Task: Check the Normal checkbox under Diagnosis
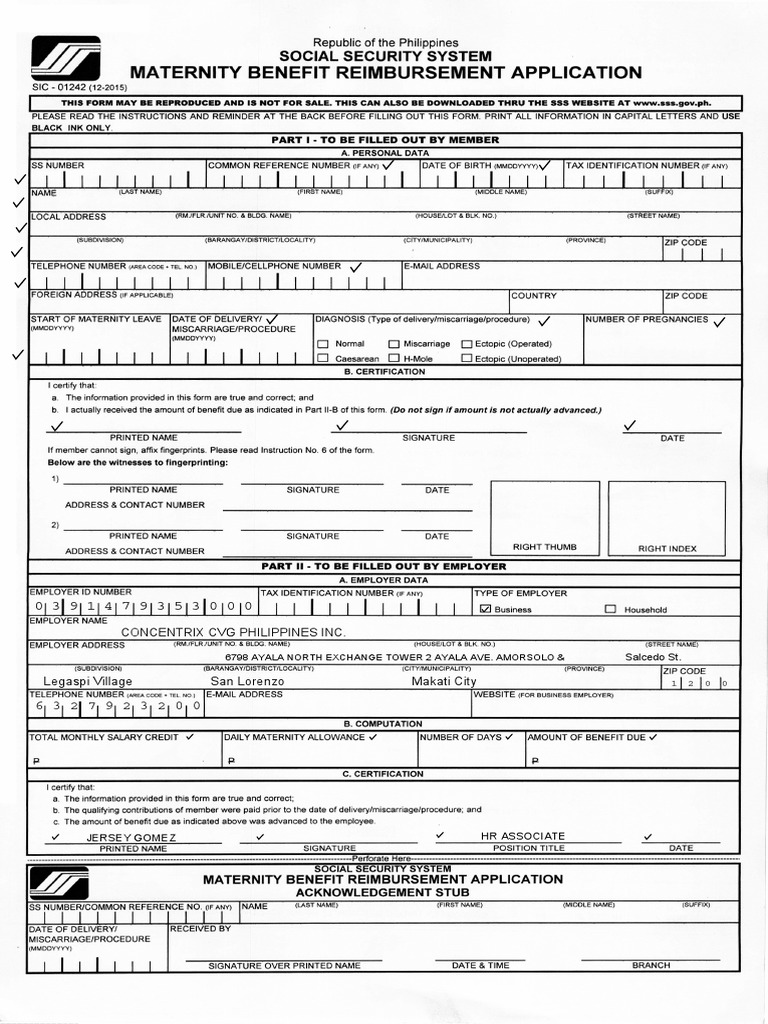(323, 344)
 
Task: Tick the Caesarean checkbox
(323, 358)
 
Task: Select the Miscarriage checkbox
(394, 344)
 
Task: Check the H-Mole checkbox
(394, 358)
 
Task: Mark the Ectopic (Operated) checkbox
(466, 344)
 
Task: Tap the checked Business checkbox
(486, 609)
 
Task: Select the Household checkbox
(610, 609)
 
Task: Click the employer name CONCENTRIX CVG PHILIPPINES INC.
(233, 632)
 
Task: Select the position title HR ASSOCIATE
(522, 835)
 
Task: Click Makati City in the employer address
(444, 681)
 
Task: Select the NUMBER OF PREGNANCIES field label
(647, 320)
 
